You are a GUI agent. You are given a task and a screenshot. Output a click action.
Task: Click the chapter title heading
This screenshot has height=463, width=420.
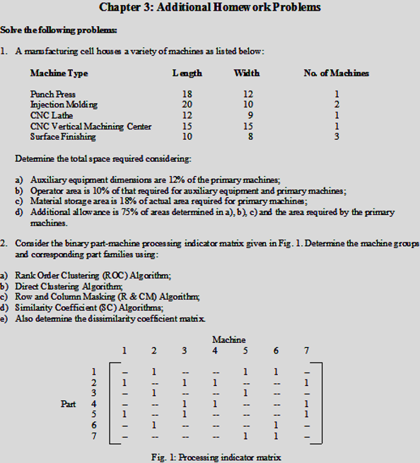(x=210, y=8)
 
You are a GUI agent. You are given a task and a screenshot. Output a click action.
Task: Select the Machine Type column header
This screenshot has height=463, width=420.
(x=59, y=73)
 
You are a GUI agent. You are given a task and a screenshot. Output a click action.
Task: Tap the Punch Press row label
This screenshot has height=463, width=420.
(x=52, y=93)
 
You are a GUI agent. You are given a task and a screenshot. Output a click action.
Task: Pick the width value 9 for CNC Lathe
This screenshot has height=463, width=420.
(x=247, y=115)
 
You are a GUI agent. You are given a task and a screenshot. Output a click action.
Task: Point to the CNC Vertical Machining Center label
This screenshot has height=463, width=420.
(x=91, y=127)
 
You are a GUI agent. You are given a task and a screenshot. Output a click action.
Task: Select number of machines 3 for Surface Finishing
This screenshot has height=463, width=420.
(x=337, y=137)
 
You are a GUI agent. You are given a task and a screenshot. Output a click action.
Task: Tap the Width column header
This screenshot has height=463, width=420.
(x=247, y=73)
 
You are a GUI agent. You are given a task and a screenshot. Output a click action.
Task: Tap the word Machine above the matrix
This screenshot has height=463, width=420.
(x=228, y=340)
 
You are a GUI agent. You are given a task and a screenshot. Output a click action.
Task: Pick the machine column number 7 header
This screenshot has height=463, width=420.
(x=305, y=351)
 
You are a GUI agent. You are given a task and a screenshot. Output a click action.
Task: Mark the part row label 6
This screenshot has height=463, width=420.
(x=94, y=426)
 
